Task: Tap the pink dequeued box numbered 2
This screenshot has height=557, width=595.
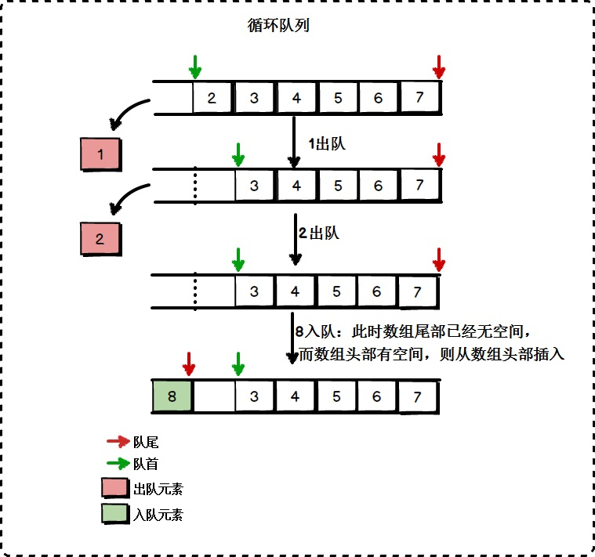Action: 100,239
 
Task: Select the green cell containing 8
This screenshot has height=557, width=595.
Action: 172,397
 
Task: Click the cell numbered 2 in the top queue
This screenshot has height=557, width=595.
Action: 212,99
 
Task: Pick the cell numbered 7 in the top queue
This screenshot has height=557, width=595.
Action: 420,99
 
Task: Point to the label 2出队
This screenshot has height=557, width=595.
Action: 318,233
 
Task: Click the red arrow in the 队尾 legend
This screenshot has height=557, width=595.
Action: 118,442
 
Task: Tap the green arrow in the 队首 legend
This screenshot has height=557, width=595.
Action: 118,463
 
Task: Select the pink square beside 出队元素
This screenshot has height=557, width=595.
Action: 115,489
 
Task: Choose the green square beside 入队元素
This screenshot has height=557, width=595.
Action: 115,514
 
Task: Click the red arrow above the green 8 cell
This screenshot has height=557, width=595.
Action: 188,363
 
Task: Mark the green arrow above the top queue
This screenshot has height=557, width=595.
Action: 195,67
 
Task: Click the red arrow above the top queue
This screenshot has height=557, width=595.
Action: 440,67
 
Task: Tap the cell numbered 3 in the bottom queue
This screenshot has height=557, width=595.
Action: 254,397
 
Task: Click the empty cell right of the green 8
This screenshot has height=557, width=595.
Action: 214,397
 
